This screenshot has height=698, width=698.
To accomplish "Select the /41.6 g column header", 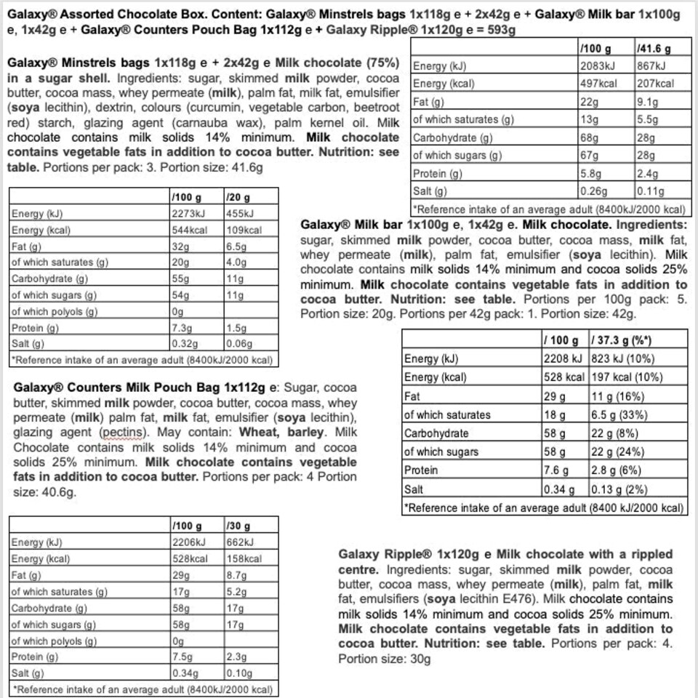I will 653,48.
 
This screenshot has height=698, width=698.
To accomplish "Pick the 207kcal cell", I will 656,84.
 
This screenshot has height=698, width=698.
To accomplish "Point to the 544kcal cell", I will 189,230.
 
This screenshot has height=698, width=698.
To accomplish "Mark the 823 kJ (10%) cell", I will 627,358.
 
